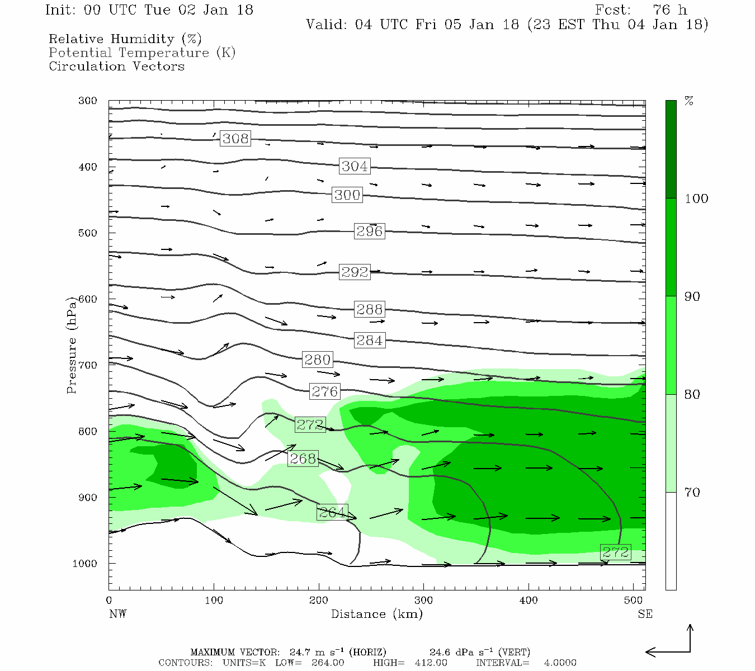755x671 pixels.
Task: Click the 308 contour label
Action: click(235, 138)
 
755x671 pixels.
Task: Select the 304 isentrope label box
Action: click(355, 166)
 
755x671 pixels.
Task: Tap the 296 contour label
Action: click(369, 231)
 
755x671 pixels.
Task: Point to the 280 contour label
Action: click(317, 360)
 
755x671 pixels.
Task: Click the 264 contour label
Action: click(332, 512)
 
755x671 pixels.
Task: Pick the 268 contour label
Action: click(303, 459)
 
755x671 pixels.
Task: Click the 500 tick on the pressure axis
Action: click(88, 233)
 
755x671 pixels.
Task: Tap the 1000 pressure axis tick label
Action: click(85, 563)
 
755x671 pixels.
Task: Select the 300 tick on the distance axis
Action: click(423, 600)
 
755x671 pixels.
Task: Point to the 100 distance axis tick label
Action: click(214, 600)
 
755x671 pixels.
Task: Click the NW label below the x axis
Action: click(117, 614)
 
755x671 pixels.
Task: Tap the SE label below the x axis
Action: click(645, 614)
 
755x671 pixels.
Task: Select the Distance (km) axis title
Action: click(376, 614)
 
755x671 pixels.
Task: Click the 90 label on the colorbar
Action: click(692, 296)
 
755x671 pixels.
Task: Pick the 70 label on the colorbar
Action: click(692, 492)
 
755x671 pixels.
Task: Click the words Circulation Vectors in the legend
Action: click(116, 66)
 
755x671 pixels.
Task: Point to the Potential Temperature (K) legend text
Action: click(142, 53)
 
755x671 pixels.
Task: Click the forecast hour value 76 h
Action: click(669, 10)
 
